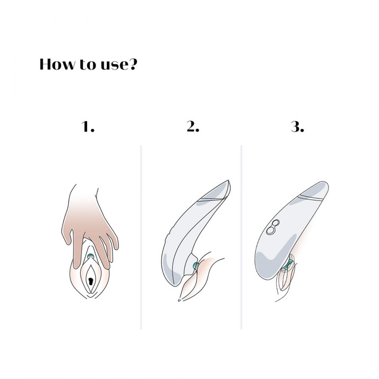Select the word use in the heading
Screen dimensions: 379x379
pyautogui.click(x=114, y=66)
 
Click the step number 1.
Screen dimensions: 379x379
pyautogui.click(x=88, y=126)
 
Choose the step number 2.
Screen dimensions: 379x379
pyautogui.click(x=193, y=126)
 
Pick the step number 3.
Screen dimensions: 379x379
pyautogui.click(x=298, y=126)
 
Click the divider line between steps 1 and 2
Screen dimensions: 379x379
pyautogui.click(x=141, y=237)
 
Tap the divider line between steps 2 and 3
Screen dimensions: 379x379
pyautogui.click(x=241, y=237)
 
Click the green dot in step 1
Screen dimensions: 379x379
pyautogui.click(x=91, y=256)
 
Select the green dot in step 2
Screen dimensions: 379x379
pyautogui.click(x=195, y=266)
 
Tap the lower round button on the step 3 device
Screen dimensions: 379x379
pyautogui.click(x=270, y=230)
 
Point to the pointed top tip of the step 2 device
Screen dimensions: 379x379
pyautogui.click(x=228, y=180)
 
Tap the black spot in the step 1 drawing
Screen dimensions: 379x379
pyautogui.click(x=91, y=281)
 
